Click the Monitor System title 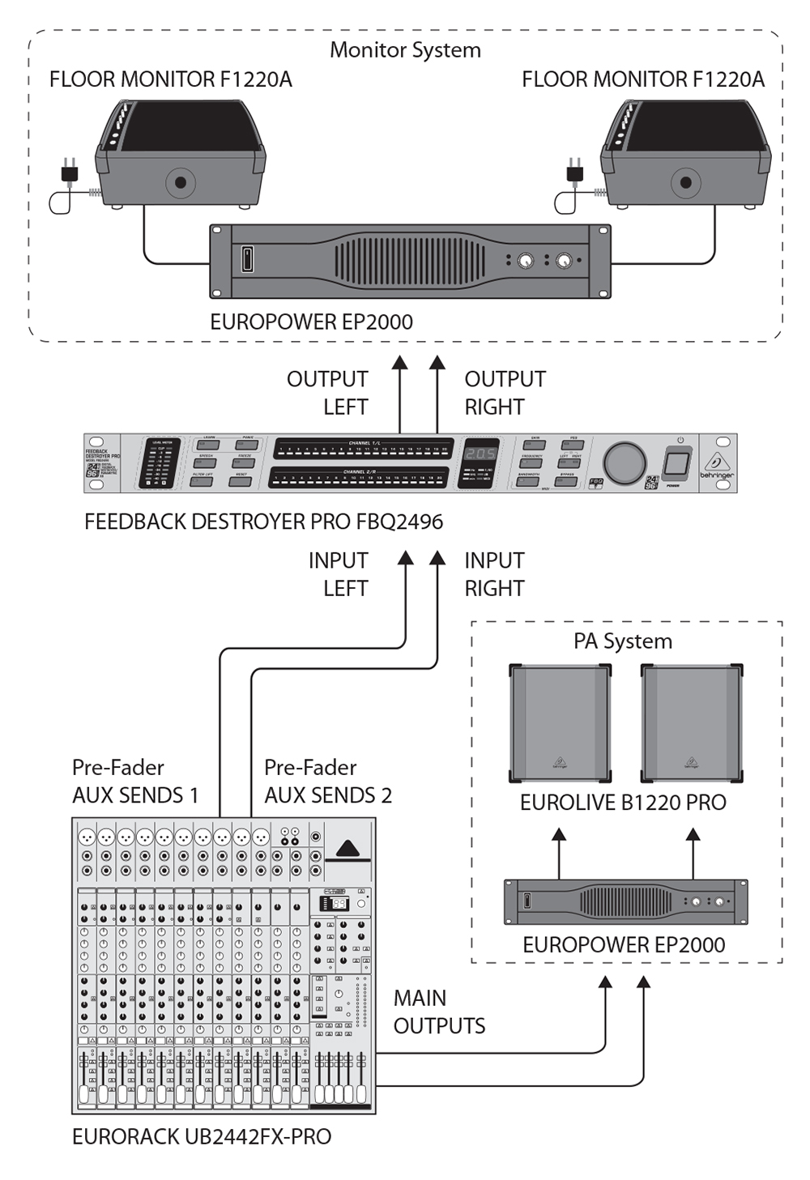point(405,50)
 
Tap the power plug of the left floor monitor point(69,171)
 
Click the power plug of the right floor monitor point(574,171)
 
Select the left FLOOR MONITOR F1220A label point(170,79)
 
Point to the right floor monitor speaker point(685,154)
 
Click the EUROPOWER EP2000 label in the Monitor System point(311,322)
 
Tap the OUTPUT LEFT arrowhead point(399,362)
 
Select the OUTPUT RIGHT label point(504,393)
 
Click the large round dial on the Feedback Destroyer point(624,462)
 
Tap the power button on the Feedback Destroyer point(676,464)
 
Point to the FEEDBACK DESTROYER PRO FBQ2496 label point(263,522)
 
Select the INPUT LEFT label point(339,574)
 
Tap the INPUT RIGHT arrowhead point(437,557)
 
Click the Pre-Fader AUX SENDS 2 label point(327,782)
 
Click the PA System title point(623,641)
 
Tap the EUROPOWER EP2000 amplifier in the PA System point(625,901)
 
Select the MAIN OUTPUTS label point(439,1012)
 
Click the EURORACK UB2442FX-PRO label point(202,1137)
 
